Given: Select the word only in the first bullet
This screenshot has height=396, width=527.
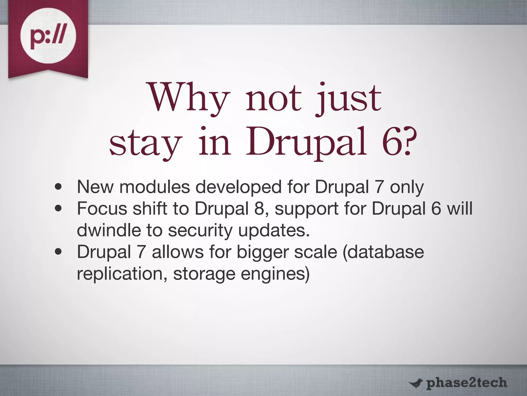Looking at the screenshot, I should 407,187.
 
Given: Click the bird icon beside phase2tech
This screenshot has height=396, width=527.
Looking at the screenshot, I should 415,383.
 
